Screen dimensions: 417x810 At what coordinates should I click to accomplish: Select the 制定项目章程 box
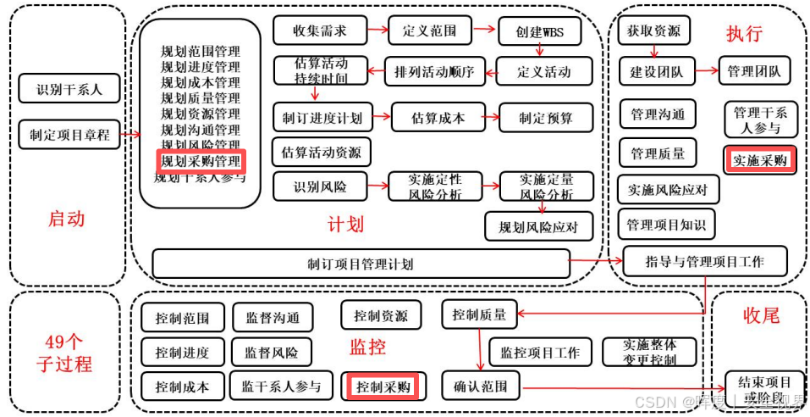click(70, 134)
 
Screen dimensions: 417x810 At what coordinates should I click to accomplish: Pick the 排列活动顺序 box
click(434, 71)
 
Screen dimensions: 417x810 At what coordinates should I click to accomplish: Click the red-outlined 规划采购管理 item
click(201, 160)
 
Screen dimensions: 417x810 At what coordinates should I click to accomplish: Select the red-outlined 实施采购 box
click(759, 159)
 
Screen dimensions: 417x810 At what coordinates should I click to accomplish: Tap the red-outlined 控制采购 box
click(383, 386)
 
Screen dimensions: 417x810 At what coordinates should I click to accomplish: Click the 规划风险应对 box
click(539, 226)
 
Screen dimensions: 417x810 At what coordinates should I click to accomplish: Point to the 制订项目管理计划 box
click(361, 264)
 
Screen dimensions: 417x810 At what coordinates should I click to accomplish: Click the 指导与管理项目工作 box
click(704, 261)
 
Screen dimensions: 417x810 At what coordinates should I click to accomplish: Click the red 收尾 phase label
click(760, 315)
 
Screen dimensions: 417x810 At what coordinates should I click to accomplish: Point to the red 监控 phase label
click(367, 347)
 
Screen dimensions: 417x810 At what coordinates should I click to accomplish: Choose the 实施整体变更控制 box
click(649, 351)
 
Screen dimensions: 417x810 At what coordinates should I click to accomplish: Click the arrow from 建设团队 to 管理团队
click(705, 71)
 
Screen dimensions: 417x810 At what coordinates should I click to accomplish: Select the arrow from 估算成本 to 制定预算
click(493, 118)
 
